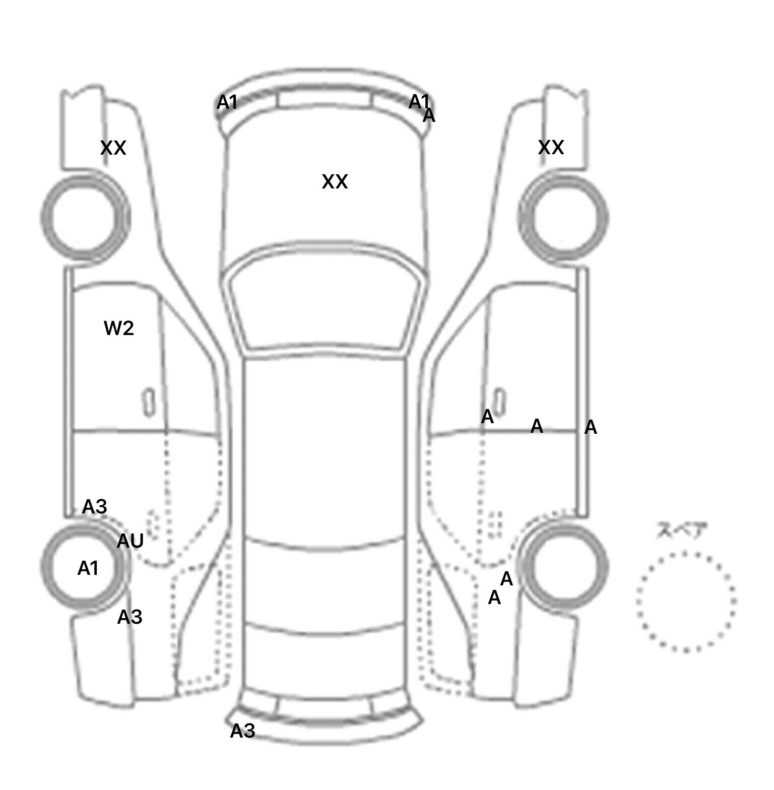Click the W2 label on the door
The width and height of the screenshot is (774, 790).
click(119, 328)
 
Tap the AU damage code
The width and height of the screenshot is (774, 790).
click(131, 541)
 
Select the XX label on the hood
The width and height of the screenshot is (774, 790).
click(335, 182)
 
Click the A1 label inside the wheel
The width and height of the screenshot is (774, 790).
click(88, 569)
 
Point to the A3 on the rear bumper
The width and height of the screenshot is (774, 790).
click(243, 731)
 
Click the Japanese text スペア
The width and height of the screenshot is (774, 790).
click(681, 531)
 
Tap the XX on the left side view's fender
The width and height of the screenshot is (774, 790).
click(113, 148)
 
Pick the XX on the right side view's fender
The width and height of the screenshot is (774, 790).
click(551, 148)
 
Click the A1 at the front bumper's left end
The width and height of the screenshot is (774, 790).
click(227, 103)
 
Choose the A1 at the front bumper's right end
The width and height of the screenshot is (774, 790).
click(418, 101)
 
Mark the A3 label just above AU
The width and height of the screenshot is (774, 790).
click(95, 507)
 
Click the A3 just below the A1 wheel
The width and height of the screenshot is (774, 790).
click(130, 617)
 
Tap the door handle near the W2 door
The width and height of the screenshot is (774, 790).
click(148, 403)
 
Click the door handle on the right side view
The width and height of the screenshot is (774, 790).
click(499, 401)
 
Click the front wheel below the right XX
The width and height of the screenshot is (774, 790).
click(564, 218)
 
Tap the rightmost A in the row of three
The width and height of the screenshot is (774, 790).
click(591, 428)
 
